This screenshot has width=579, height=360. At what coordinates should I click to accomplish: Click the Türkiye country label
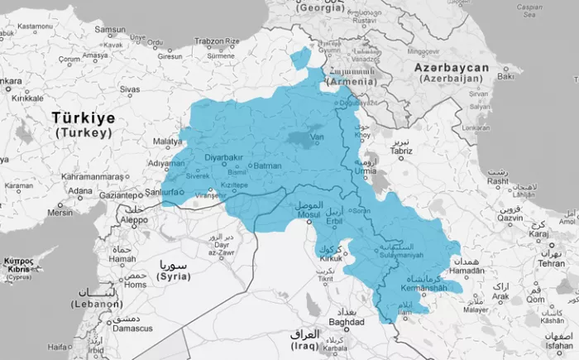(83, 118)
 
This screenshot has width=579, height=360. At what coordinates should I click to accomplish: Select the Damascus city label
(133, 329)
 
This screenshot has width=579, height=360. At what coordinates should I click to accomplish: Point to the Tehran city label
(551, 262)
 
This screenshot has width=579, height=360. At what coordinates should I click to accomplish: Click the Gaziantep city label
(120, 195)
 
